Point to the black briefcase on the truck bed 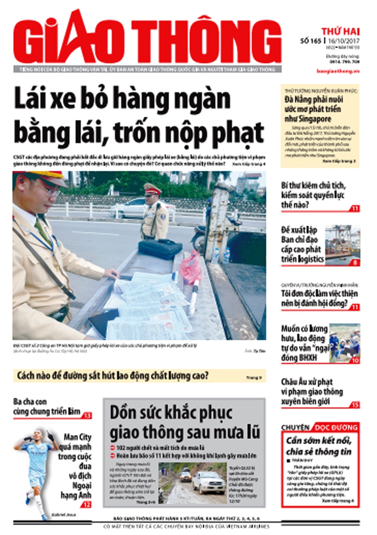160,249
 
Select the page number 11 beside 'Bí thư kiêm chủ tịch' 355,208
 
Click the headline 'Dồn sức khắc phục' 171,413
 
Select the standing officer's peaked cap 152,188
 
